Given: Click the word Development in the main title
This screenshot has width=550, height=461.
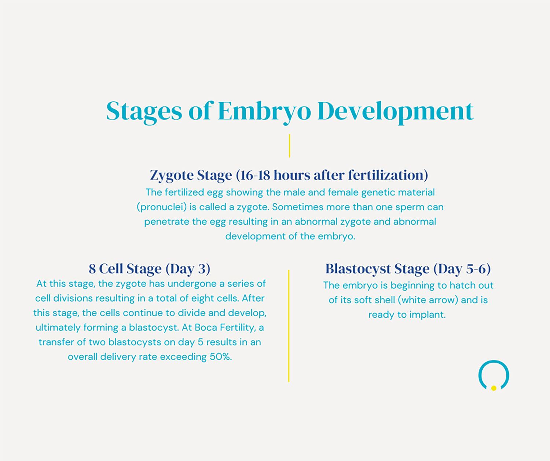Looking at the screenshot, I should tap(395, 111).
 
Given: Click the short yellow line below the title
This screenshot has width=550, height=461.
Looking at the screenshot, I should tap(289, 146).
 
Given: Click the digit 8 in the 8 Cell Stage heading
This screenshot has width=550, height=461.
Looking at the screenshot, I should tap(92, 269).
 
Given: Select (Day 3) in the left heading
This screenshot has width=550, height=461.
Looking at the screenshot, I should tap(188, 269).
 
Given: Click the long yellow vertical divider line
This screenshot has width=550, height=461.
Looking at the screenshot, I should tap(289, 326).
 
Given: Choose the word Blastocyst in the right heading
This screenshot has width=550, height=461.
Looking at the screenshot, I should tap(357, 269).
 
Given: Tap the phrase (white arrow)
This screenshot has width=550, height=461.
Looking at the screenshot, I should tap(428, 300).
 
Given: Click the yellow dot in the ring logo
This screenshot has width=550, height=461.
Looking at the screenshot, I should tap(494, 388).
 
